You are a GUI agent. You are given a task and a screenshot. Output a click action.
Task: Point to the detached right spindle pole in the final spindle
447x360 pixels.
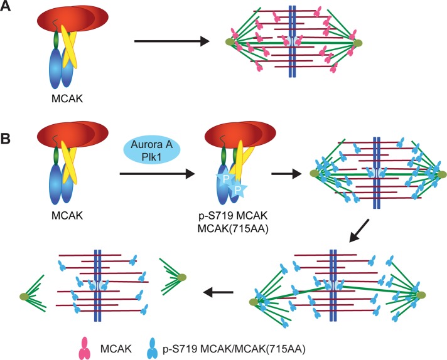[181, 277]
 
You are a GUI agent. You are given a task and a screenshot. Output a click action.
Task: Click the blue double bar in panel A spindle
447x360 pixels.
[293, 42]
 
